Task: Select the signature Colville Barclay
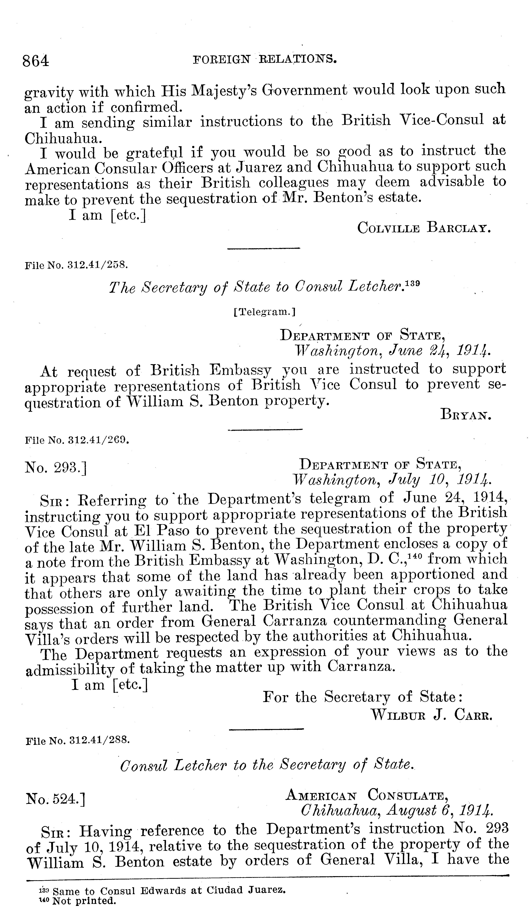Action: [424, 228]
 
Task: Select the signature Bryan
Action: [466, 414]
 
